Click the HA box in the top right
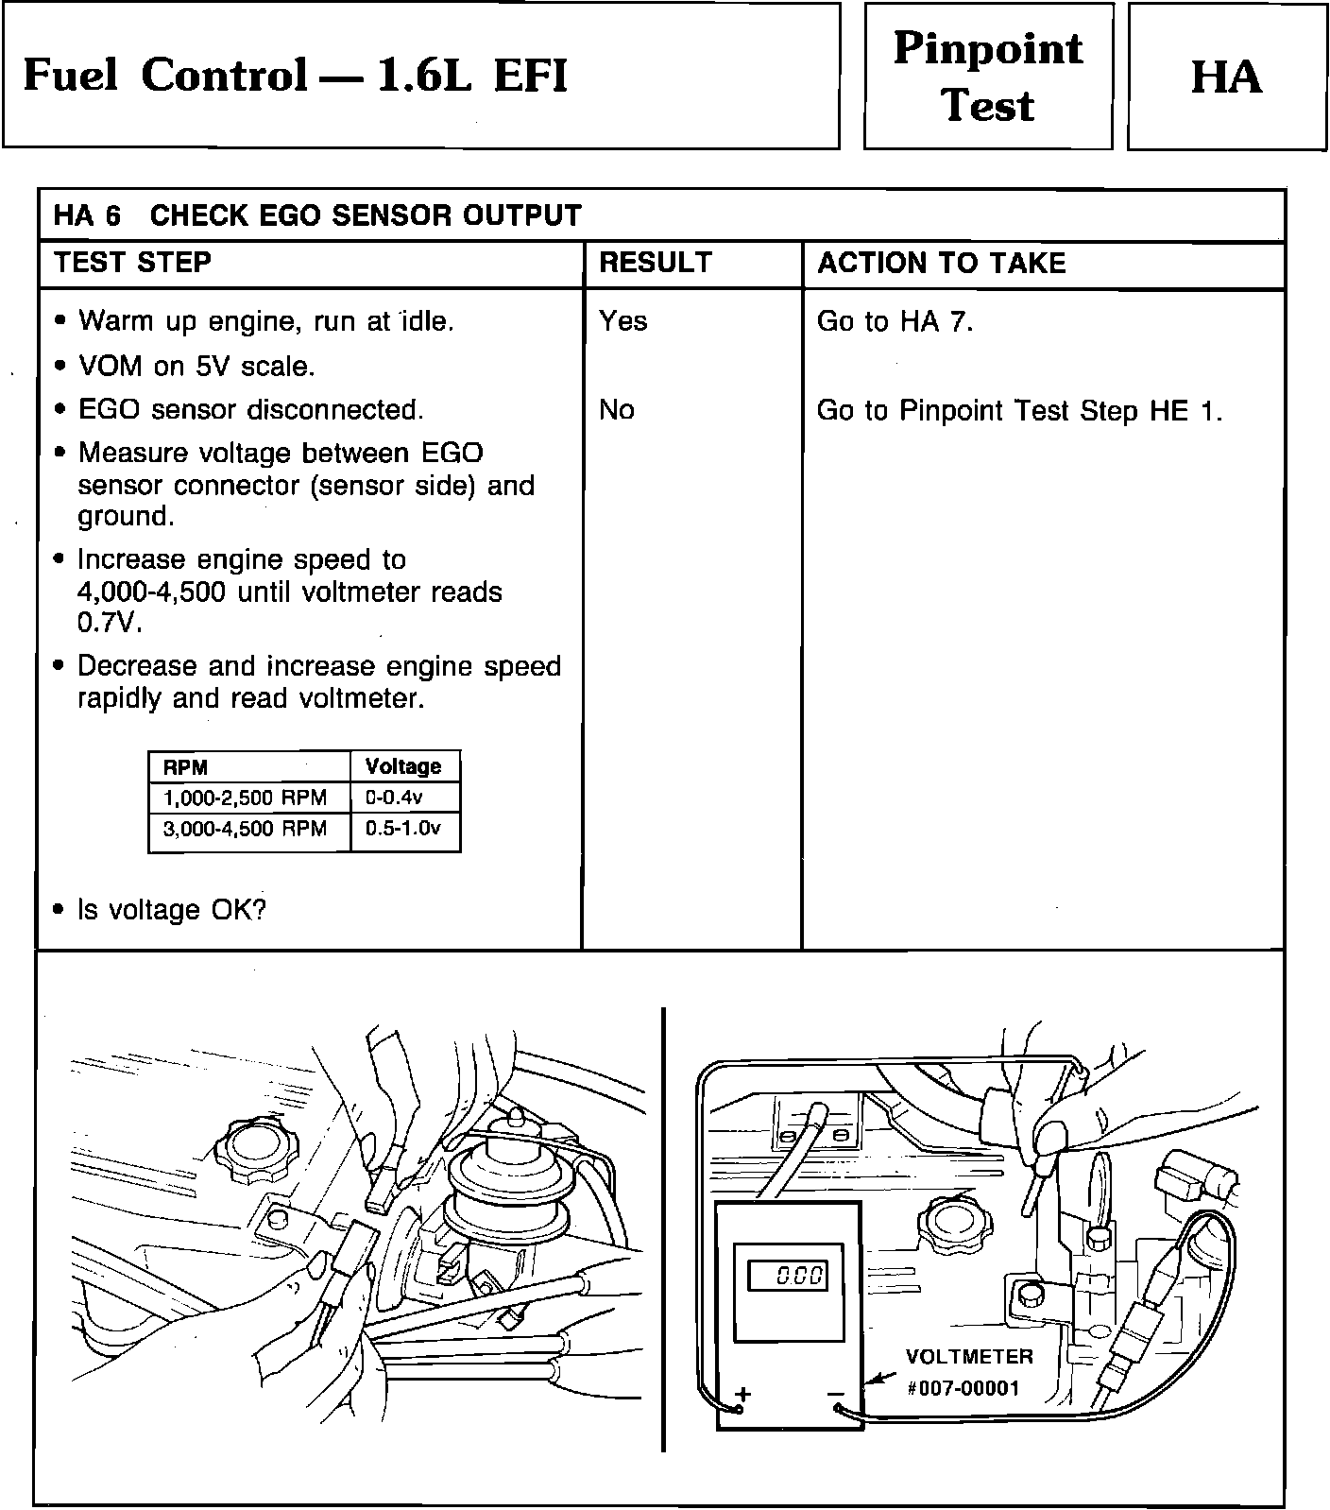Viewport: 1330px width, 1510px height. tap(1226, 77)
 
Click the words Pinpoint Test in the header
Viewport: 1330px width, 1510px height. tap(988, 77)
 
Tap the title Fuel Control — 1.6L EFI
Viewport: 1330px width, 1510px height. tap(295, 76)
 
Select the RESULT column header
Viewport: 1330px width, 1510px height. tap(655, 263)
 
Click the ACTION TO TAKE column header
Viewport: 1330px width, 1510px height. tap(941, 263)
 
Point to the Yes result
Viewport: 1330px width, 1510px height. tap(622, 321)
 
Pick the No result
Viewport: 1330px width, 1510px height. tap(616, 410)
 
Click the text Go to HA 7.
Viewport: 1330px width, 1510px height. tap(895, 322)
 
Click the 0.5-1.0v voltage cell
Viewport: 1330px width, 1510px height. tap(403, 829)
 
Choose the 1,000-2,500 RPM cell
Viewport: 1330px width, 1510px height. tap(245, 798)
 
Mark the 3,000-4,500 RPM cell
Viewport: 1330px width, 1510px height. tap(245, 829)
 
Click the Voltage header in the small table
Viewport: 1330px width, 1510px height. tap(403, 766)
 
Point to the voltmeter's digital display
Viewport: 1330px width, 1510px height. tap(787, 1276)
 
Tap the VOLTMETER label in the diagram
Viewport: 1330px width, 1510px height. tap(969, 1357)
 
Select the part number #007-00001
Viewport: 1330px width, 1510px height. tap(963, 1388)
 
